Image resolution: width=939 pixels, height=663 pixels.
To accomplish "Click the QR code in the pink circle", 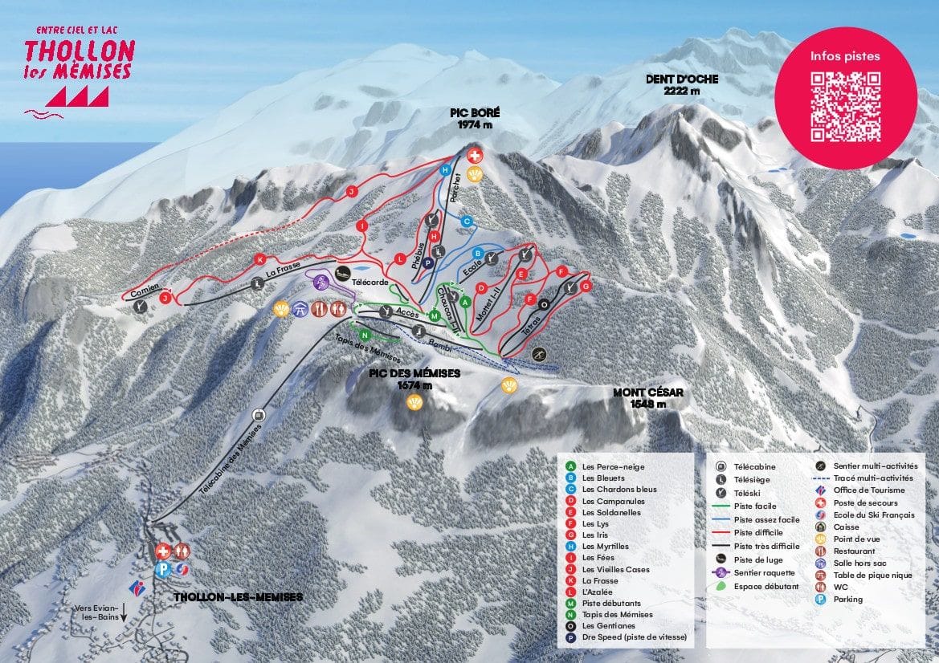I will click(845, 107).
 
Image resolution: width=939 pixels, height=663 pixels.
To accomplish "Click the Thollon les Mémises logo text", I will click(78, 60).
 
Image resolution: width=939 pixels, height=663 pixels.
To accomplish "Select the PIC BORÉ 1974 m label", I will click(470, 120).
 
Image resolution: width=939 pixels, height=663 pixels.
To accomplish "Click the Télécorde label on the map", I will click(370, 283).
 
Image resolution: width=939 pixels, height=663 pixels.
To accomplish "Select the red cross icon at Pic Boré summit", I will click(475, 154).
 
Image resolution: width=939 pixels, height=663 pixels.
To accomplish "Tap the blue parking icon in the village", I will click(163, 569).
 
